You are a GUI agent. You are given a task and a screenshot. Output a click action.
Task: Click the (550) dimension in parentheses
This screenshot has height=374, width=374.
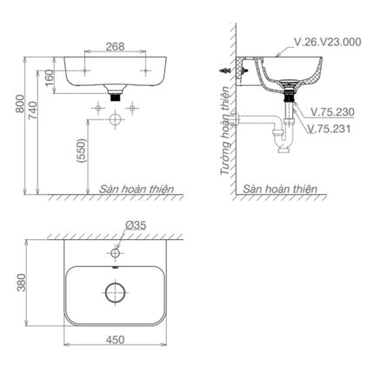pyautogui.click(x=80, y=155)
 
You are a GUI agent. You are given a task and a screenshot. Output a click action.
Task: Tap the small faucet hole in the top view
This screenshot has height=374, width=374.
pyautogui.click(x=114, y=255)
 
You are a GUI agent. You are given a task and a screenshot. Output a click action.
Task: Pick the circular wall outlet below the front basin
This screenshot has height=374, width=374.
pyautogui.click(x=114, y=121)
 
